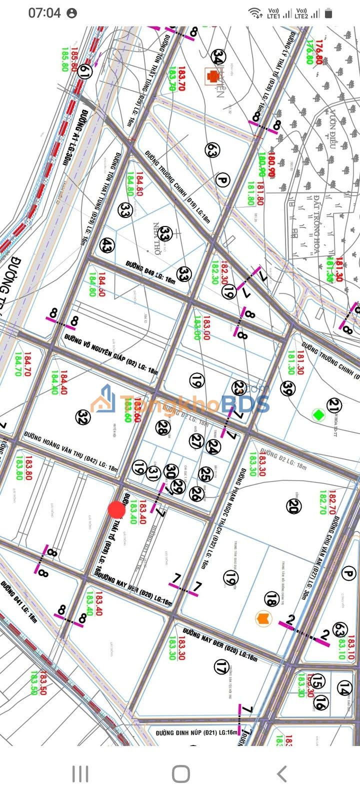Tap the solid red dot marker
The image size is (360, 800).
coord(117,509)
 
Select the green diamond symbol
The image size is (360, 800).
coord(316,414)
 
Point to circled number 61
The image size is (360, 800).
coord(85,73)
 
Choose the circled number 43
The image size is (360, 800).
coord(106,245)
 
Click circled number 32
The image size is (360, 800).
coord(83,417)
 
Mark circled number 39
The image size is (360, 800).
coord(287,388)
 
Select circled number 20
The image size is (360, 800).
coord(293,506)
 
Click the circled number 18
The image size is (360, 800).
coord(271,598)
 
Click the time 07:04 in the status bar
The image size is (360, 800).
coord(44,13)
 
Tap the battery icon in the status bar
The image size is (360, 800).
coord(328,13)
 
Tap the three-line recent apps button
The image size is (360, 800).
coord(80,773)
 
